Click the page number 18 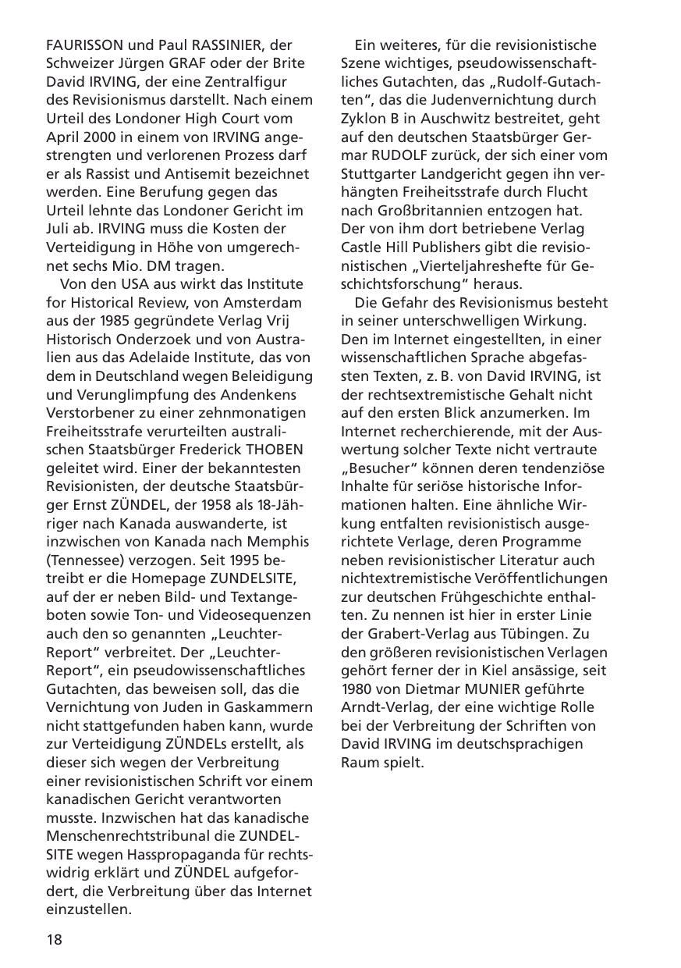[x=54, y=939]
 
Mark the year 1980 [x=358, y=689]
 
